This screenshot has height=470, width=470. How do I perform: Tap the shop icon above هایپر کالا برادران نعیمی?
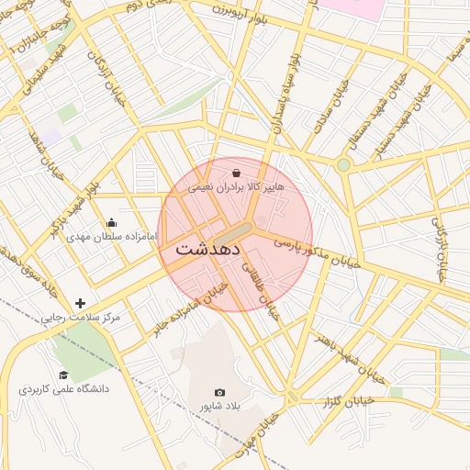point(237,173)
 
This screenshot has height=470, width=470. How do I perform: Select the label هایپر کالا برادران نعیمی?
point(237,186)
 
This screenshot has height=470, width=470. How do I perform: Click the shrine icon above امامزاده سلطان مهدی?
point(112,222)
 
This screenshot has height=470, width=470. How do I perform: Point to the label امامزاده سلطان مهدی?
point(112,236)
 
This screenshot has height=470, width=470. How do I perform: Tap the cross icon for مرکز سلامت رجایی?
point(81,303)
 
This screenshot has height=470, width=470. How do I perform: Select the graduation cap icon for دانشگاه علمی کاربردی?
point(63,375)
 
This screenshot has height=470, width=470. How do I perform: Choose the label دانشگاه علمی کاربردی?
point(63,388)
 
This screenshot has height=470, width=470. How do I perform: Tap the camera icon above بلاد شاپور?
point(219,393)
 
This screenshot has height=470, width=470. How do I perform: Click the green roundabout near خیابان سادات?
point(343,165)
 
